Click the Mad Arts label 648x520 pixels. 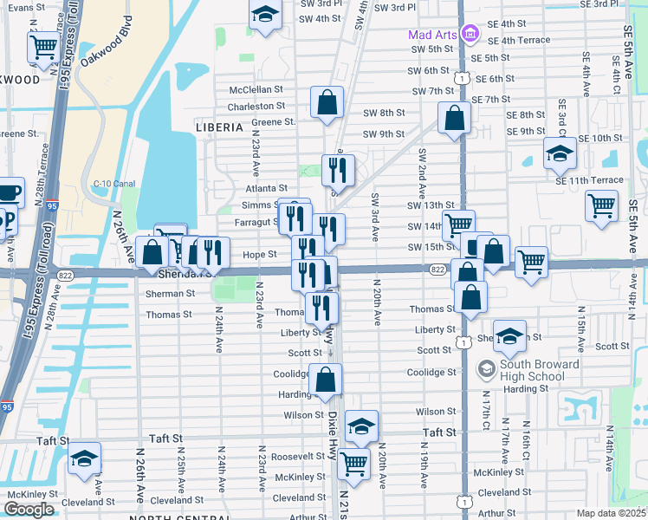click(x=433, y=35)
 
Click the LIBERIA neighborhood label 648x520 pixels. click(x=219, y=127)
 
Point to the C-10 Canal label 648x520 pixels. click(x=114, y=184)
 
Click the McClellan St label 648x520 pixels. click(x=256, y=89)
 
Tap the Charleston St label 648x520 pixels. click(x=256, y=106)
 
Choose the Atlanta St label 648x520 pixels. click(x=266, y=187)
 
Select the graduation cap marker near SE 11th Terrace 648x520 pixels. click(x=560, y=153)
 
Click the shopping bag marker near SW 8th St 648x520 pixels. click(x=327, y=102)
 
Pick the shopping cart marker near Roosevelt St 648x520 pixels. click(x=354, y=464)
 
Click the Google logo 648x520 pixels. click(x=29, y=510)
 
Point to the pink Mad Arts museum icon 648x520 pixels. click(x=470, y=35)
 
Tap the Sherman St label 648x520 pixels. click(x=171, y=293)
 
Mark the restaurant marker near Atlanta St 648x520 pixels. click(x=339, y=170)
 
